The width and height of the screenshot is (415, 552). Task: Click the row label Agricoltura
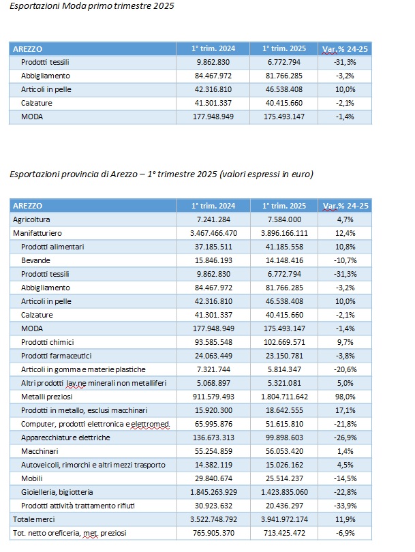(x=31, y=219)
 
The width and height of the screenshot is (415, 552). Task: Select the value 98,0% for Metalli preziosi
(x=345, y=397)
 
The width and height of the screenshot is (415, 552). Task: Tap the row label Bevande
(x=35, y=260)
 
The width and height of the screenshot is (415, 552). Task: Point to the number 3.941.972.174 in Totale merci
(x=284, y=519)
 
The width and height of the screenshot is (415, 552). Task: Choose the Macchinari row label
(x=40, y=451)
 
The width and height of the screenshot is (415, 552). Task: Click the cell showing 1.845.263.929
(x=213, y=492)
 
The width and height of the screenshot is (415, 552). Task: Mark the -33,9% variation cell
(x=345, y=506)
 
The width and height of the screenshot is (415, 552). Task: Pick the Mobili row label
(x=31, y=479)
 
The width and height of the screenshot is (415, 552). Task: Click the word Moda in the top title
(x=72, y=6)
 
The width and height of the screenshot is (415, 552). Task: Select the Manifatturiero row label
(x=37, y=233)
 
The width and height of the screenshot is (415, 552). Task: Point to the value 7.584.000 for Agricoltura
(x=284, y=219)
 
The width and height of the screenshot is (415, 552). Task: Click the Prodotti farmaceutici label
(x=57, y=356)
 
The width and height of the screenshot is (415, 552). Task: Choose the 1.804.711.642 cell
(x=284, y=397)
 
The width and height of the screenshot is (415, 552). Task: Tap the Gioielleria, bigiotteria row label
(x=57, y=492)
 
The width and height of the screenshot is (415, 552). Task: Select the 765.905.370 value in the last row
(x=213, y=534)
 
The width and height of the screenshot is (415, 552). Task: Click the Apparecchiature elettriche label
(x=65, y=438)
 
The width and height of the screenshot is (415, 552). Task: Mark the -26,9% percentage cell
(x=345, y=438)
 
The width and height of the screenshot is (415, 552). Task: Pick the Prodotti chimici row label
(x=48, y=342)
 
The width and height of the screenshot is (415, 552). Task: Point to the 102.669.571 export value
(x=284, y=342)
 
